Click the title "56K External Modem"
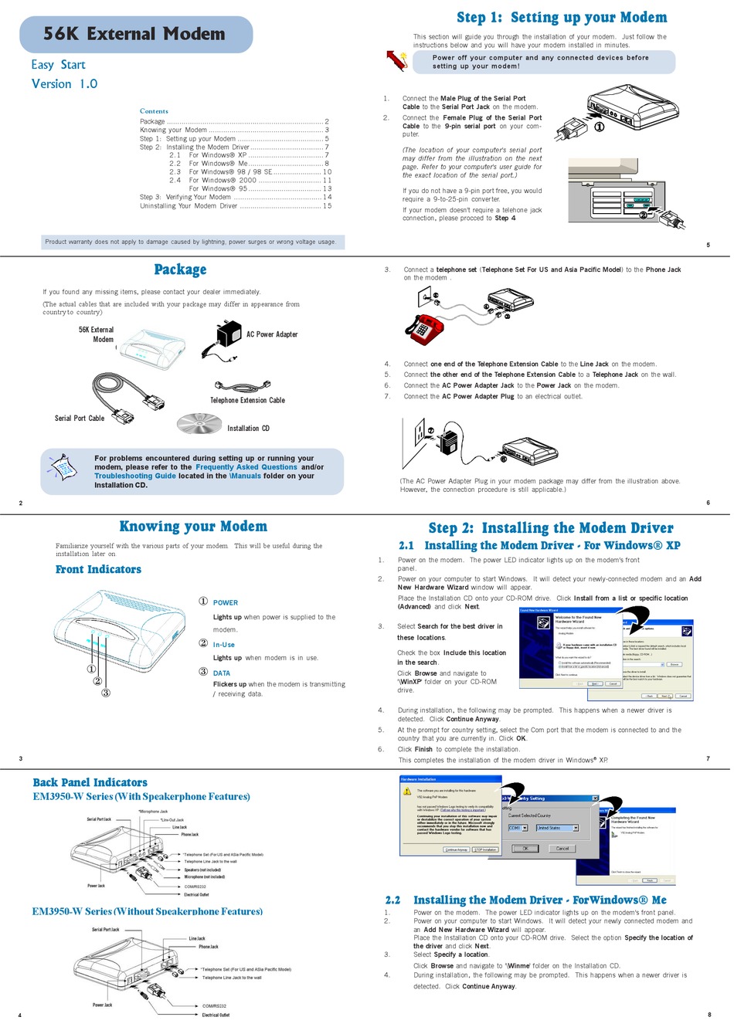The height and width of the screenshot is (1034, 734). click(x=134, y=34)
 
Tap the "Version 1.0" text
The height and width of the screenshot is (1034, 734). click(x=64, y=84)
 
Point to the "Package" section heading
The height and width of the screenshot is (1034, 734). click(x=180, y=270)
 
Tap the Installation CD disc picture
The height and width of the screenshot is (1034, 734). click(x=199, y=422)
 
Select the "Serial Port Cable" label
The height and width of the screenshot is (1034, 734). click(x=80, y=419)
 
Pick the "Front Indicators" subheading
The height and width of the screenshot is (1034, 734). click(x=98, y=570)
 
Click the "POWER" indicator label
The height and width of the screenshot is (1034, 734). click(x=226, y=603)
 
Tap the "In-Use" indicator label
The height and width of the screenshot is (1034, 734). click(x=224, y=645)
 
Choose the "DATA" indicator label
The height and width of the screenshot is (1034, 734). click(x=222, y=673)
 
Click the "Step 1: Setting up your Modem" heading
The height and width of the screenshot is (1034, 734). click(x=561, y=18)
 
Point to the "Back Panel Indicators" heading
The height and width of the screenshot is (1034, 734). click(x=90, y=782)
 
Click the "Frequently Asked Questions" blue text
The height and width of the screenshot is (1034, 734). click(x=246, y=467)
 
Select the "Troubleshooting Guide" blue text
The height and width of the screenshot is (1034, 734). click(x=135, y=476)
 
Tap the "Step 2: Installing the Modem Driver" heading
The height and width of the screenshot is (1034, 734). click(x=551, y=528)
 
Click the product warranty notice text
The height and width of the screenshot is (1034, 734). click(x=190, y=242)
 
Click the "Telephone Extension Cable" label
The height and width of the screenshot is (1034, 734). click(x=247, y=401)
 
